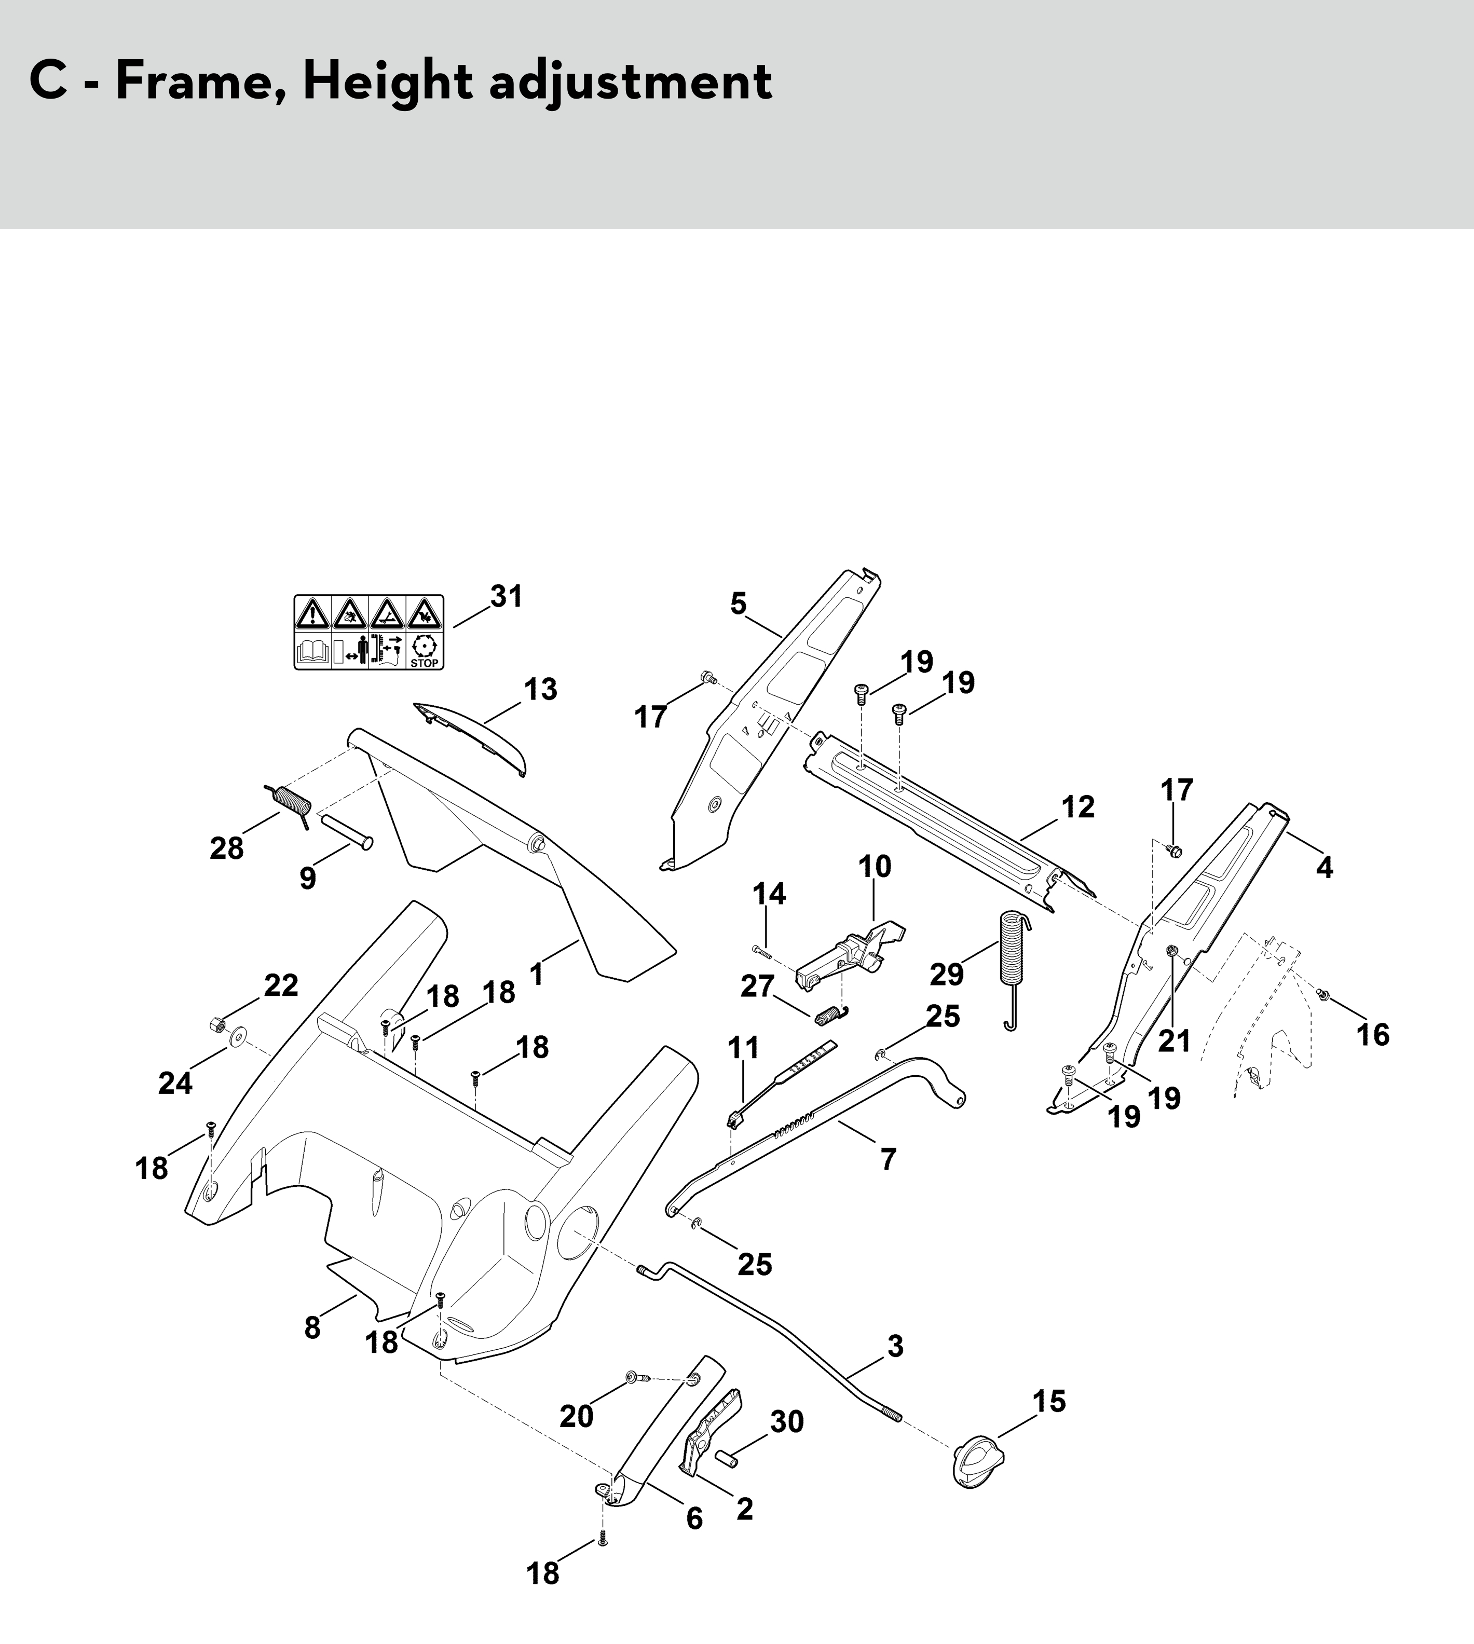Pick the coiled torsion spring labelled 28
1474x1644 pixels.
point(289,805)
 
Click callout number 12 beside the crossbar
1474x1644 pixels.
point(1078,806)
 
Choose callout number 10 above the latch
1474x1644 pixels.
point(875,867)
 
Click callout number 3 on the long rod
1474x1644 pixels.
point(895,1347)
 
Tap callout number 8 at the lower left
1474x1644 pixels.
point(312,1328)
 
